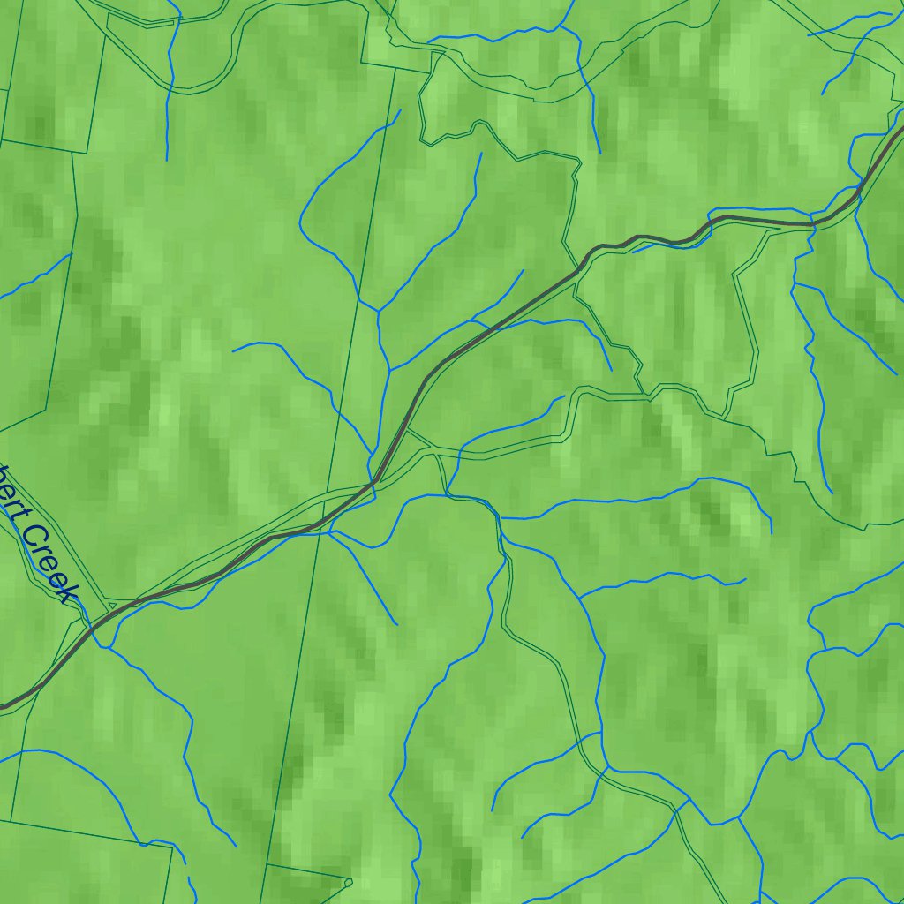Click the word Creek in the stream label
tap(48, 561)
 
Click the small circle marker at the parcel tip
tap(349, 881)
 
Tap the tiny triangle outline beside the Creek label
tap(109, 605)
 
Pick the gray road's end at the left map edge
tap(3, 706)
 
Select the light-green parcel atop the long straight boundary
tap(402, 40)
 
